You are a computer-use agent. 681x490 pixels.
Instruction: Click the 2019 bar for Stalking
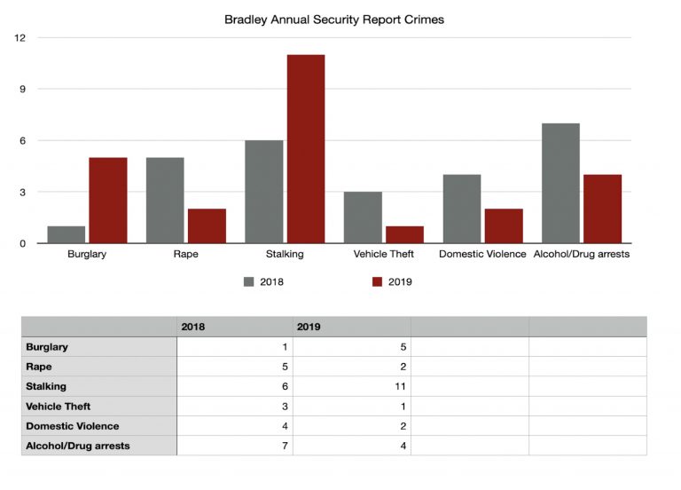pyautogui.click(x=305, y=149)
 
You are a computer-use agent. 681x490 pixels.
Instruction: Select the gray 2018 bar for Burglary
pyautogui.click(x=67, y=234)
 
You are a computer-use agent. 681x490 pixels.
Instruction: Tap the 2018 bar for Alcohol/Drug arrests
pyautogui.click(x=560, y=183)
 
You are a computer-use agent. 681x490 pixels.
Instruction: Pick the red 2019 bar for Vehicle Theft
pyautogui.click(x=404, y=234)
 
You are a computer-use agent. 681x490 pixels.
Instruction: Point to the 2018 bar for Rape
pyautogui.click(x=165, y=200)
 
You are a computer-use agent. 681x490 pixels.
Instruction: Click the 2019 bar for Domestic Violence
pyautogui.click(x=504, y=225)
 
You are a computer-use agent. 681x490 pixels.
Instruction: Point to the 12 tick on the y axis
pyautogui.click(x=20, y=37)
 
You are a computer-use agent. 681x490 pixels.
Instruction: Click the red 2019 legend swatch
pyautogui.click(x=377, y=282)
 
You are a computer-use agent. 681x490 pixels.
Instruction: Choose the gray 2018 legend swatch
pyautogui.click(x=249, y=282)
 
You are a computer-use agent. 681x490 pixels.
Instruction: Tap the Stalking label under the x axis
pyautogui.click(x=285, y=255)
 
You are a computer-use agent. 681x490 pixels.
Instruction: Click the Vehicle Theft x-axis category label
pyautogui.click(x=384, y=255)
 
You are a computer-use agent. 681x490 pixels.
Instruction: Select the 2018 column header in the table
pyautogui.click(x=193, y=327)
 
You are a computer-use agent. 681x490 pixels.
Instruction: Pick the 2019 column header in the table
pyautogui.click(x=309, y=327)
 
